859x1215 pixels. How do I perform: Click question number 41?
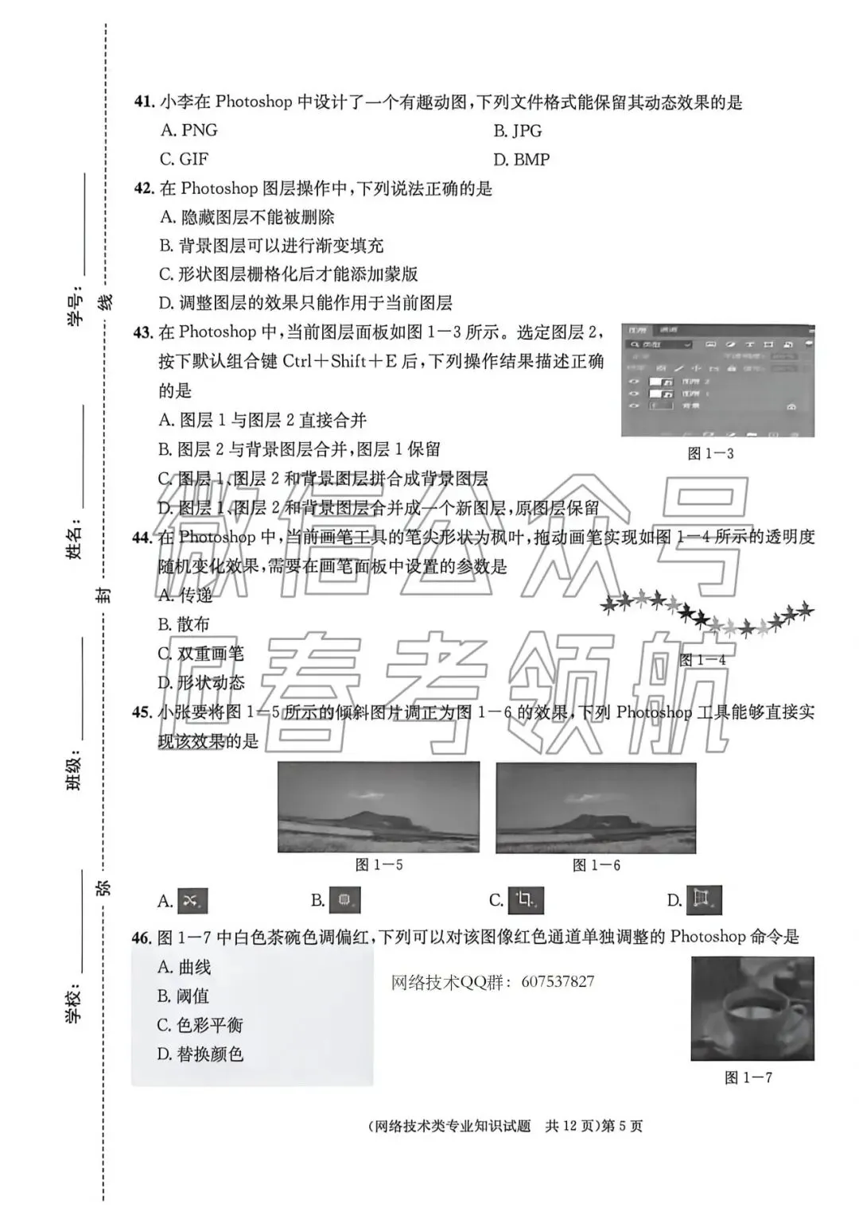coord(143,102)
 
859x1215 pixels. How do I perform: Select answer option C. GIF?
coord(184,159)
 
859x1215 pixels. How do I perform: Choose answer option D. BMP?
coord(521,160)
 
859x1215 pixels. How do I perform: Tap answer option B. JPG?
coord(517,130)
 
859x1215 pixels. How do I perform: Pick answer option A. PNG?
coord(189,130)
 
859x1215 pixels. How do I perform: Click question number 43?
coord(143,332)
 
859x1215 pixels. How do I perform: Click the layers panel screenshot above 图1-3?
coord(717,380)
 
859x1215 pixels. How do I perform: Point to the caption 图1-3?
coord(710,453)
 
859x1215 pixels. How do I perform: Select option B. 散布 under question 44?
coord(183,624)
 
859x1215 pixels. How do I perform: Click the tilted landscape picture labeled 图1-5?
coord(379,807)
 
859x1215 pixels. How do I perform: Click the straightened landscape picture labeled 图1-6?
coord(596,808)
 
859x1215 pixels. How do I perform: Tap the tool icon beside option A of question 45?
coord(192,900)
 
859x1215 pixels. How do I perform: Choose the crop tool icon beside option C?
coord(525,900)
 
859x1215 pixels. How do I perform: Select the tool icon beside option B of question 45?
coord(344,900)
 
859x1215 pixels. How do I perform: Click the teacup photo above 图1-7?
coord(752,1008)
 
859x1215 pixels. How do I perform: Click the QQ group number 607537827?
coord(558,982)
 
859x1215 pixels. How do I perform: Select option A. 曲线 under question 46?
coord(184,967)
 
